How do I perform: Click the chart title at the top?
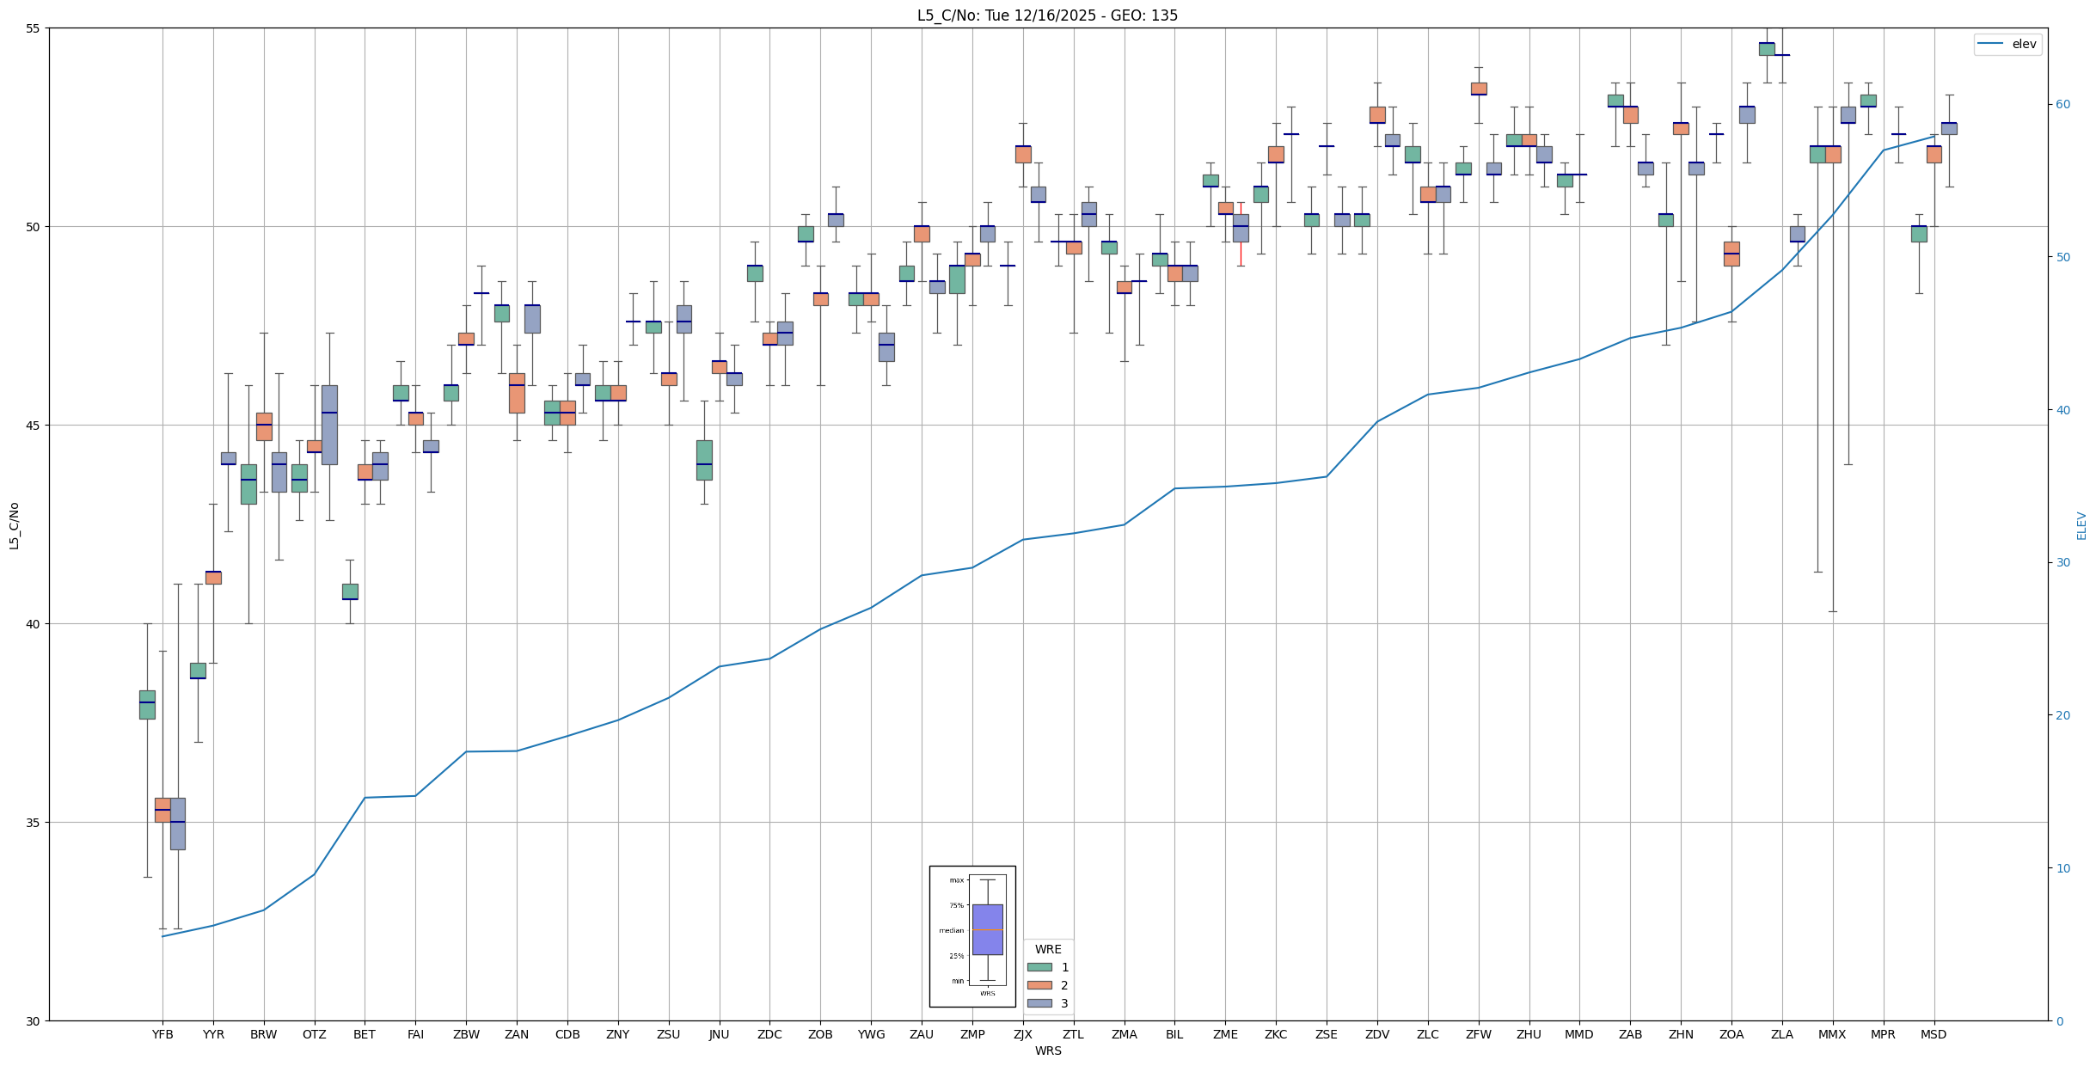pos(1047,15)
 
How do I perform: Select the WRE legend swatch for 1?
pos(1039,967)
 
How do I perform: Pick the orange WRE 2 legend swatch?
pos(1039,985)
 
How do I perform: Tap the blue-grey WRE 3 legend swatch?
pos(1039,1003)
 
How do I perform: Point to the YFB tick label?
pos(162,1034)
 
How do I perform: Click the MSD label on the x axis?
pos(1934,1034)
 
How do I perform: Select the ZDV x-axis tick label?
pos(1377,1034)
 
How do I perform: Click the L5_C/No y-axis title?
pos(14,525)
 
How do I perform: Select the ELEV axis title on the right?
pos(2081,525)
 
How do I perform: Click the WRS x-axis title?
pos(1047,1051)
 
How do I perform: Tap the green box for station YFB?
pos(147,704)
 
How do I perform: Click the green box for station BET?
pos(350,591)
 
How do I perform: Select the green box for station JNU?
pos(704,460)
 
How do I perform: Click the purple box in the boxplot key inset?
pos(987,929)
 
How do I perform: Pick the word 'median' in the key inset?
pos(951,930)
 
